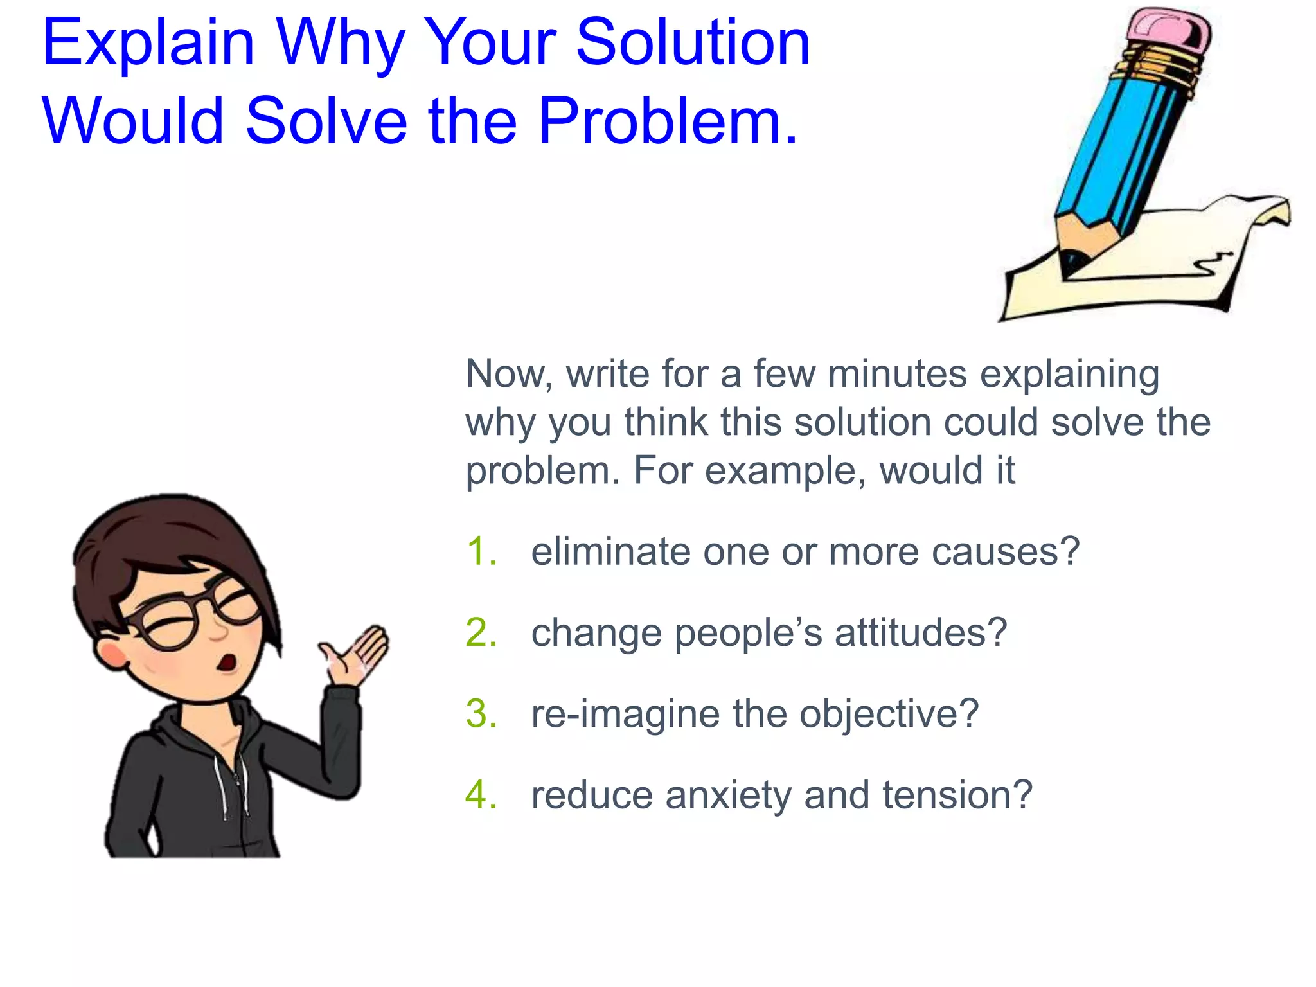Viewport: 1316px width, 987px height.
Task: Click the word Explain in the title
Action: click(148, 44)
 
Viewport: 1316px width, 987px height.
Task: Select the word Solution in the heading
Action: click(693, 44)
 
